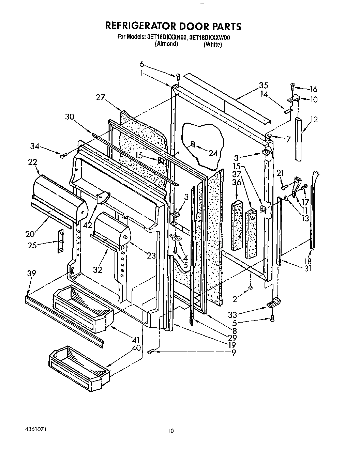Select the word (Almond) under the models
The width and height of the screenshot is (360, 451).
click(x=166, y=44)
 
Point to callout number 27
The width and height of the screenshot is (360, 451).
click(x=101, y=97)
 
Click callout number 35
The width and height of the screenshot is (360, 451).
click(x=263, y=85)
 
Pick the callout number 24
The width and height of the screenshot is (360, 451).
click(x=213, y=154)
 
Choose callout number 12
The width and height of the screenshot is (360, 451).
click(x=314, y=120)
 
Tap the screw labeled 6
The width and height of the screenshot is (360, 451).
click(x=178, y=77)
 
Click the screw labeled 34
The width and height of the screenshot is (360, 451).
click(x=63, y=156)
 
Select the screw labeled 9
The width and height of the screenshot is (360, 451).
click(x=151, y=352)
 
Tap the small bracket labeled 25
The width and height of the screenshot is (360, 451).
click(x=61, y=241)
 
